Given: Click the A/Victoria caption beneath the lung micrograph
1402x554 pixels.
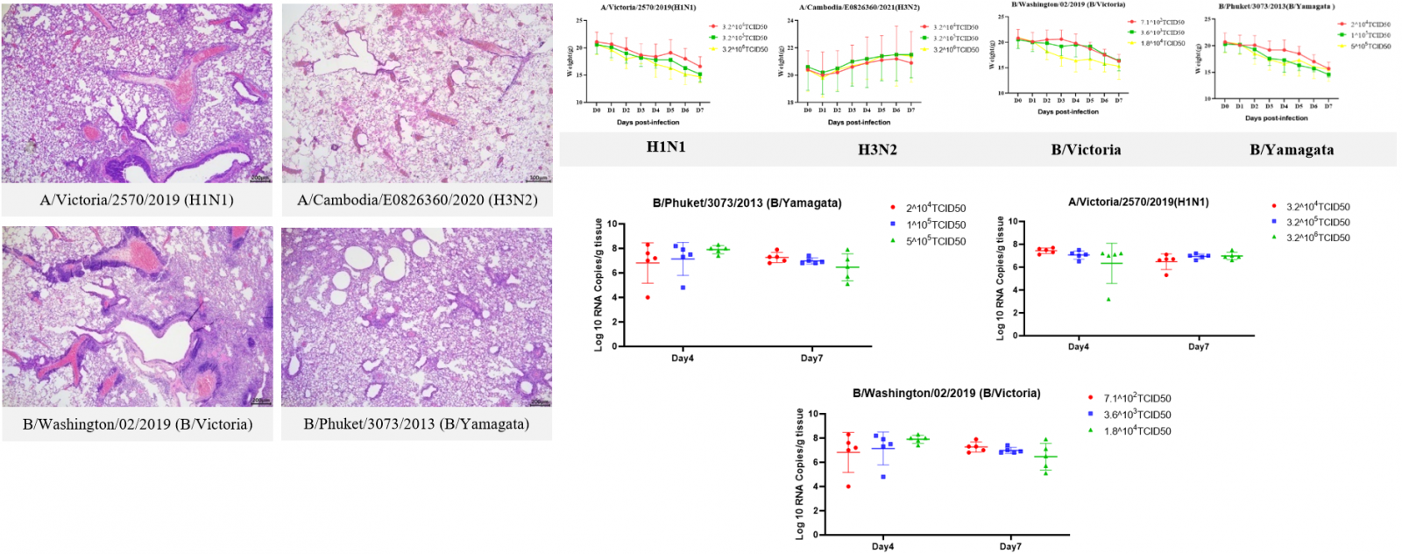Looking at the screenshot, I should (137, 200).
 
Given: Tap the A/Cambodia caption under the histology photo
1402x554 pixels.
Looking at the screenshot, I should (417, 200).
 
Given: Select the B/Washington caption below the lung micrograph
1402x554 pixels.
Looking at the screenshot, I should (138, 424).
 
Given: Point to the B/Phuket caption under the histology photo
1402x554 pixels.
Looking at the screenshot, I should (416, 424).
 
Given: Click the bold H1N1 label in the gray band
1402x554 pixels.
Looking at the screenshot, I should (666, 147).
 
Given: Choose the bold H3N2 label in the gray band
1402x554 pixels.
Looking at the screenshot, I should (877, 150).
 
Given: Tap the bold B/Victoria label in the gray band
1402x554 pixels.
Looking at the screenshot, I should (1086, 150).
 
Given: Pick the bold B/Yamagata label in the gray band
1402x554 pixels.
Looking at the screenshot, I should (1292, 150).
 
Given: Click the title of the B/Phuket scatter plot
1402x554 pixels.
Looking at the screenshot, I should (747, 203).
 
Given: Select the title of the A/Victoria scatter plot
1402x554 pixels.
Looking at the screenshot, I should (1138, 202).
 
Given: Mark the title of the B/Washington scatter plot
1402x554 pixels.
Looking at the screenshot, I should (946, 394).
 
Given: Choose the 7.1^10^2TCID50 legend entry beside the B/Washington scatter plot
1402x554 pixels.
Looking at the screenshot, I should (1136, 399).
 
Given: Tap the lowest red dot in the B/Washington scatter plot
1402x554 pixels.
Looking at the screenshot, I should (848, 487).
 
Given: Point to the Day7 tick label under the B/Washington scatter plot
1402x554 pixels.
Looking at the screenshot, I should (1010, 547).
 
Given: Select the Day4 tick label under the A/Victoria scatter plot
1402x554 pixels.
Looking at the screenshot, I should (1079, 347).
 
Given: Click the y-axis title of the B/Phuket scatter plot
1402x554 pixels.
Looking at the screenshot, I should (599, 285).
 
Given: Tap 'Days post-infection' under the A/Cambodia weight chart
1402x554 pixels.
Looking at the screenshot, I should (859, 123).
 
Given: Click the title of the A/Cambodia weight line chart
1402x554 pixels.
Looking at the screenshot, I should (859, 7).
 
